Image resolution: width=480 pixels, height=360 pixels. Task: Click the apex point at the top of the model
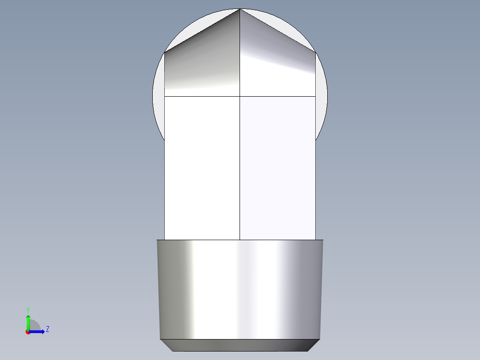[x=240, y=9]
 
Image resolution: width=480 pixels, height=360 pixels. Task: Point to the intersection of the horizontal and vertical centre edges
[x=240, y=96]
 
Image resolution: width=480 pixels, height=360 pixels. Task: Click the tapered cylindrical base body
[x=240, y=290]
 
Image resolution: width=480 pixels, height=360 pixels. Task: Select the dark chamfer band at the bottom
[x=240, y=345]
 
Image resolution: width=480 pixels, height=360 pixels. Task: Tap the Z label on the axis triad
[x=47, y=330]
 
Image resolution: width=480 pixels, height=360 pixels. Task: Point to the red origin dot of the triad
[x=28, y=332]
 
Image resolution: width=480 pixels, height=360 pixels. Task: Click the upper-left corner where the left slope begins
[x=165, y=53]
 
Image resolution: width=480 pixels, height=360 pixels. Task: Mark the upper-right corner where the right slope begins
[x=315, y=53]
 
